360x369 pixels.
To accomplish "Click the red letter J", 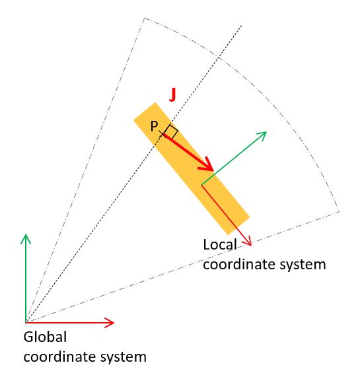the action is [x=172, y=95].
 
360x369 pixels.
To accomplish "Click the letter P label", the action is [x=154, y=126].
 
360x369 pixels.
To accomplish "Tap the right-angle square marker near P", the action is [x=172, y=131].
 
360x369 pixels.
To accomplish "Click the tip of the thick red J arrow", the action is [x=213, y=171].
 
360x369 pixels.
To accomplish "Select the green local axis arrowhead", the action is [x=262, y=135].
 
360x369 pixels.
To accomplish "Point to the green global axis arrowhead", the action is [x=26, y=238].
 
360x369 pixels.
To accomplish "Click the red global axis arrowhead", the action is [x=110, y=322].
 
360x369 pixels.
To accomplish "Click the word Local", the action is [x=220, y=244].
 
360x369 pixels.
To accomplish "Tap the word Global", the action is [x=45, y=337].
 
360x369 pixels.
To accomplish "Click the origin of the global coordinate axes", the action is [x=26, y=322].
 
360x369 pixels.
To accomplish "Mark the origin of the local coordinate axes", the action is [x=201, y=185].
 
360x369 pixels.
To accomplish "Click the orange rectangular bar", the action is [x=192, y=168].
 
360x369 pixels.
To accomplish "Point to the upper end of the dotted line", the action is [x=242, y=25].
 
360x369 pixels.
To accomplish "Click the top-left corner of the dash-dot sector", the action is [x=144, y=18].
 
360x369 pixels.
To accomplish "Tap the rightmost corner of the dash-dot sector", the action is [x=340, y=212].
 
